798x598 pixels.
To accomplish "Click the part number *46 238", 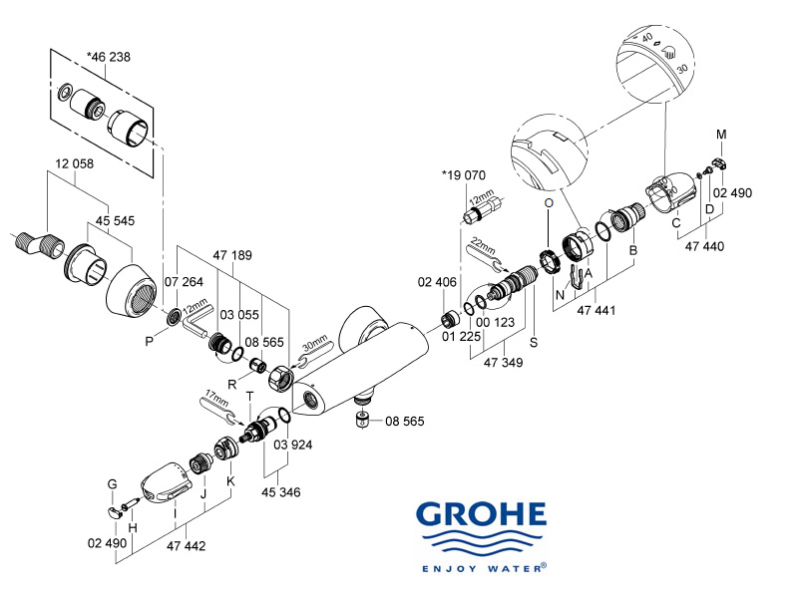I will click(x=109, y=57).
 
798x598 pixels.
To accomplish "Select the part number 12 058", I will click(x=77, y=163).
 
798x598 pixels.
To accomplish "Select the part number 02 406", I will click(x=437, y=284).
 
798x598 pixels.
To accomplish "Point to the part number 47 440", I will click(x=705, y=246).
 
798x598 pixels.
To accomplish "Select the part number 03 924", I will click(x=293, y=444).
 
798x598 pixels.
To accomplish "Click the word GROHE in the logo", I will click(x=482, y=514).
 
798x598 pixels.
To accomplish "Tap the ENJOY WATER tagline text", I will click(x=482, y=568).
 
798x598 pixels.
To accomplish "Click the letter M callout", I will click(x=721, y=134).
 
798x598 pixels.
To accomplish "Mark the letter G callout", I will click(x=113, y=484).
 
